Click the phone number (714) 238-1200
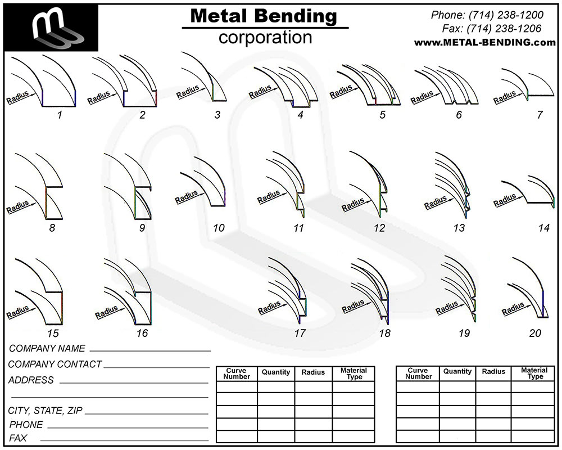pyautogui.click(x=506, y=15)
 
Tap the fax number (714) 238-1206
pyautogui.click(x=504, y=28)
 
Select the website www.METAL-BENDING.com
pyautogui.click(x=485, y=42)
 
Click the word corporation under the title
pyautogui.click(x=265, y=37)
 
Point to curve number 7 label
pyautogui.click(x=540, y=115)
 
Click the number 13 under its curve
pyautogui.click(x=459, y=228)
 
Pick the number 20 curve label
pyautogui.click(x=535, y=334)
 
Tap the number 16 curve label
pyautogui.click(x=142, y=334)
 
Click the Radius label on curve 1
pyautogui.click(x=17, y=98)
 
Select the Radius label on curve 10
pyautogui.click(x=187, y=197)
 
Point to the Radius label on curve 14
pyautogui.click(x=505, y=201)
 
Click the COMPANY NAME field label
pyautogui.click(x=47, y=348)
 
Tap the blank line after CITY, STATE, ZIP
pyautogui.click(x=147, y=414)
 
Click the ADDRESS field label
pyautogui.click(x=31, y=380)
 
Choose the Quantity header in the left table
pyautogui.click(x=275, y=372)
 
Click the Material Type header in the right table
pyautogui.click(x=534, y=373)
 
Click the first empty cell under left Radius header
pyautogui.click(x=314, y=387)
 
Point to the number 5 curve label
pyautogui.click(x=382, y=115)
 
